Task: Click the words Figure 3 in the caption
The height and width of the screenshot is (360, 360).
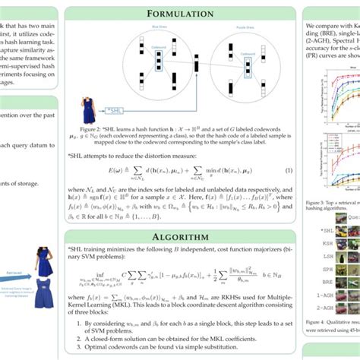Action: click(x=312, y=203)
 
